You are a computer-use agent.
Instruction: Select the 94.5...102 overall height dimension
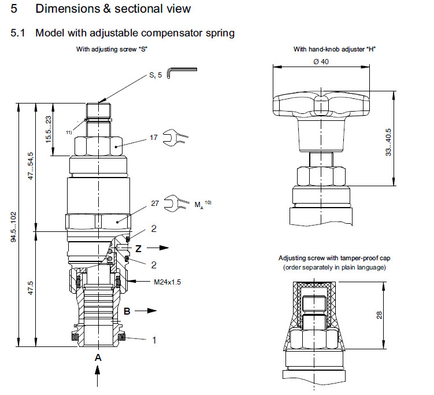pos(13,227)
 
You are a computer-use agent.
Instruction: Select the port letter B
pos(127,311)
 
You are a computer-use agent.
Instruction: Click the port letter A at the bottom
pos(98,358)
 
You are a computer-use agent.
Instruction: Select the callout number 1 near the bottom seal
pos(154,340)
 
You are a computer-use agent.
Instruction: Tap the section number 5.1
pos(18,33)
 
